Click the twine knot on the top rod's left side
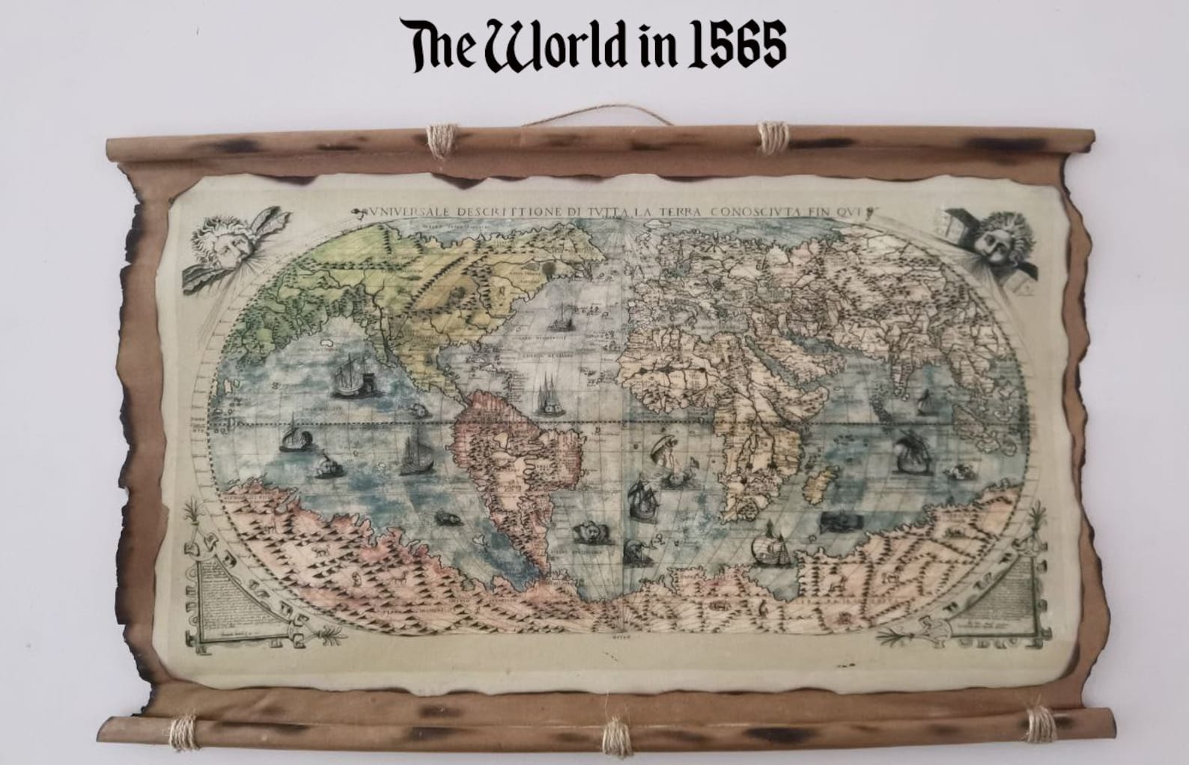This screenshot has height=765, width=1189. [x=439, y=140]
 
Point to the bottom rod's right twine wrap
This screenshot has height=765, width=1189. [x=1039, y=724]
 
